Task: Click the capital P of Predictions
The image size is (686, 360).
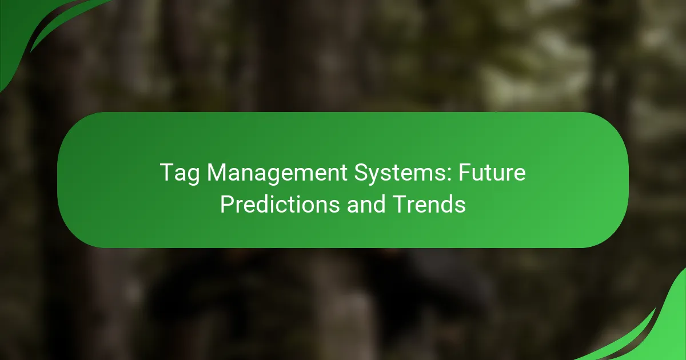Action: click(x=226, y=204)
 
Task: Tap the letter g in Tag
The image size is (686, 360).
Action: click(x=190, y=176)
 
